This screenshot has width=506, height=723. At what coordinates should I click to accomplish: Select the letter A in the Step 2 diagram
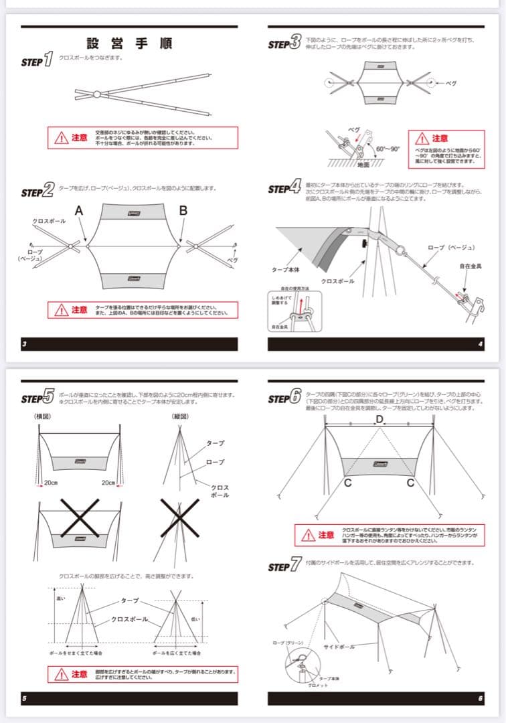pyautogui.click(x=79, y=211)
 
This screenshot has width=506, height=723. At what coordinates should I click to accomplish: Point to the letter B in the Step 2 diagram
pyautogui.click(x=182, y=211)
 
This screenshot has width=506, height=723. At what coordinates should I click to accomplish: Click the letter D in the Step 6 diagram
pyautogui.click(x=379, y=419)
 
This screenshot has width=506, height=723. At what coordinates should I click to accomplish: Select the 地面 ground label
pyautogui.click(x=363, y=164)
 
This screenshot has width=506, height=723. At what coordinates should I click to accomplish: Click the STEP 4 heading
pyautogui.click(x=284, y=188)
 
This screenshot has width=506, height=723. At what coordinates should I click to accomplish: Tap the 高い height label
pyautogui.click(x=62, y=598)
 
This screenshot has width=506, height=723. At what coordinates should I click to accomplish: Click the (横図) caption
pyautogui.click(x=43, y=416)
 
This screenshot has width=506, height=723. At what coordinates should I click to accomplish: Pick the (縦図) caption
pyautogui.click(x=178, y=416)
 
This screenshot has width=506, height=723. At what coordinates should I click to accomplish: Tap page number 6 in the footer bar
pyautogui.click(x=481, y=699)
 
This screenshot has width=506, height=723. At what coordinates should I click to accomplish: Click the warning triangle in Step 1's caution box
pyautogui.click(x=62, y=138)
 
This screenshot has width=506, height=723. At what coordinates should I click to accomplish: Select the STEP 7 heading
pyautogui.click(x=284, y=567)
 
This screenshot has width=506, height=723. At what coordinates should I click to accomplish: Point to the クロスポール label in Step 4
pyautogui.click(x=338, y=281)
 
